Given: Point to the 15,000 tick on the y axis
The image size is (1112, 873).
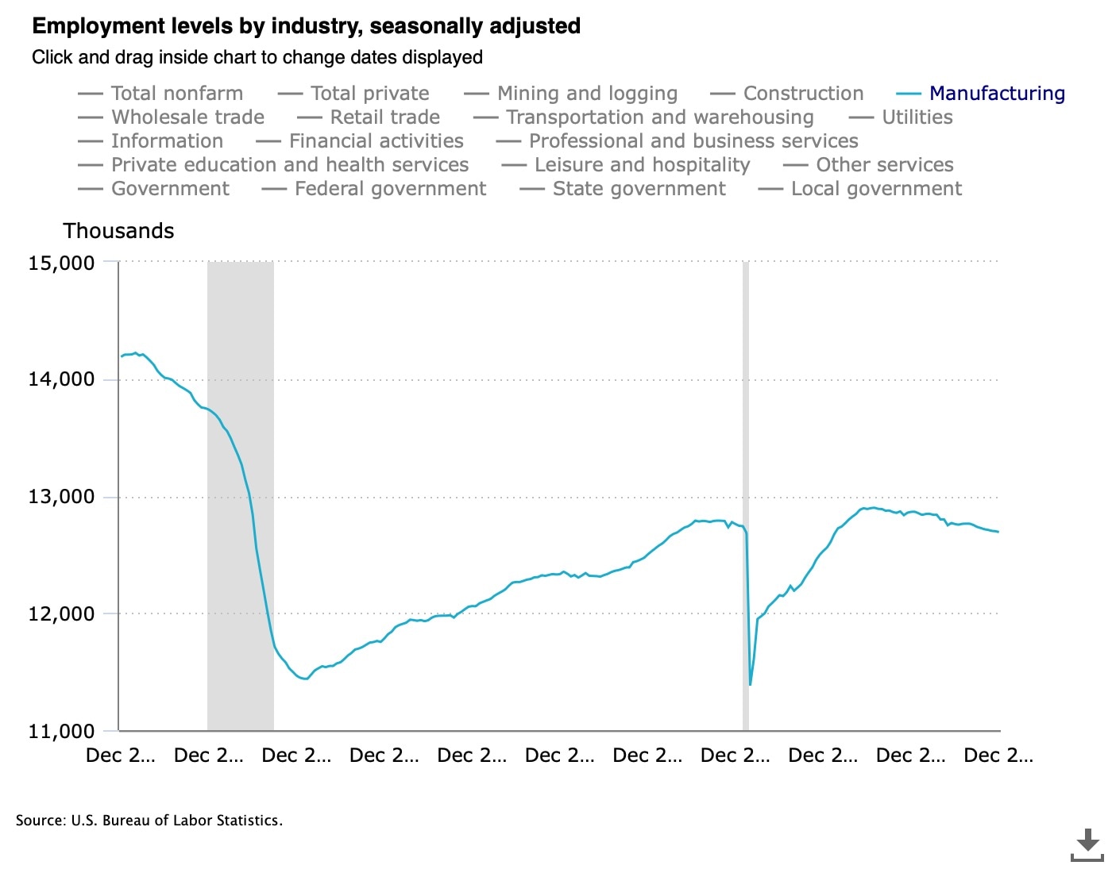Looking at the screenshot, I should coord(61,263).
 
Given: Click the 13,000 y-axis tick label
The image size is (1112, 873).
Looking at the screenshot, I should coord(61,497).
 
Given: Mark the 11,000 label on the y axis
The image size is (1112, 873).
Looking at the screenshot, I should coord(61,731).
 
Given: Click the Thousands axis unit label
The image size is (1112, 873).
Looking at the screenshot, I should coord(118,231).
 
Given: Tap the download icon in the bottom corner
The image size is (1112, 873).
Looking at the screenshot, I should coord(1087,844).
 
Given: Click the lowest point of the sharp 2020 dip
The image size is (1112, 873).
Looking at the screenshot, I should coord(750,684).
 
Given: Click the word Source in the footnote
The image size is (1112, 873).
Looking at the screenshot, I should coord(40,821).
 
